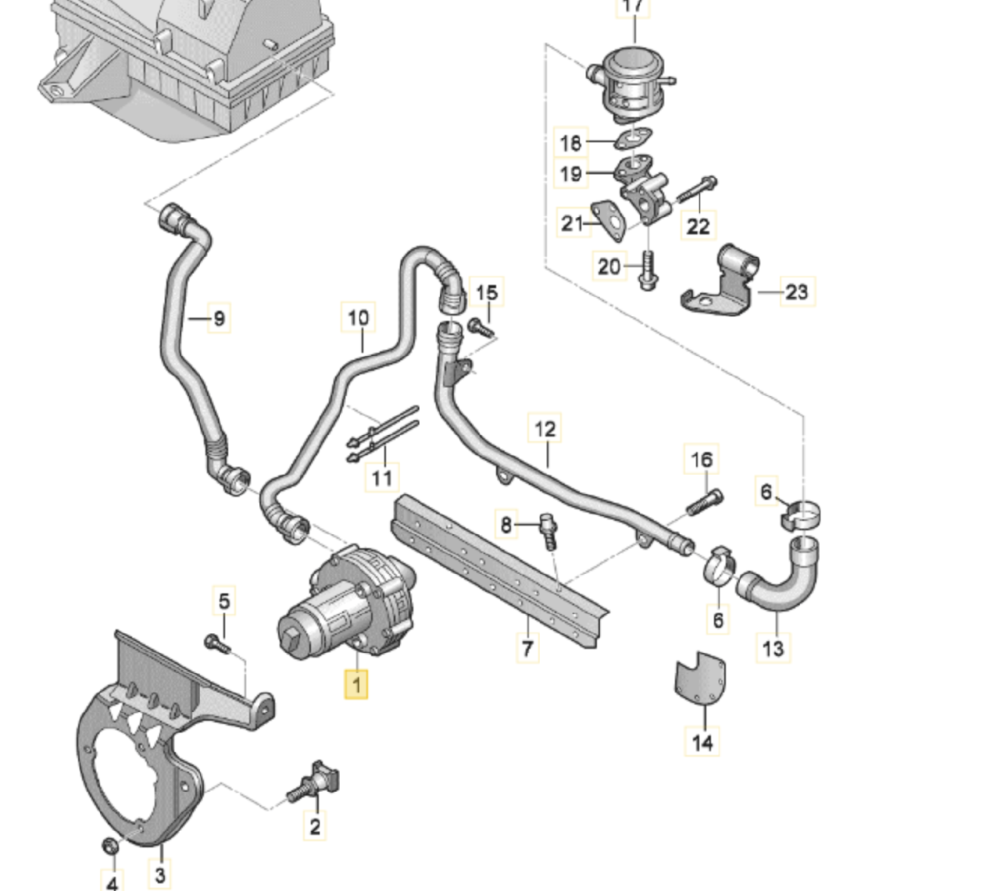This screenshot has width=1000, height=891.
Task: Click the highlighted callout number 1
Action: tap(356, 685)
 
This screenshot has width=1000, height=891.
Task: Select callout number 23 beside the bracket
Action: tap(795, 292)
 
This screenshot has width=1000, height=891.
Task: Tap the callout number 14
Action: tap(702, 742)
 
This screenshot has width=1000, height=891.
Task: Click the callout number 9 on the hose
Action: tap(219, 318)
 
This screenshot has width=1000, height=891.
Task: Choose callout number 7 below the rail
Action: tap(527, 647)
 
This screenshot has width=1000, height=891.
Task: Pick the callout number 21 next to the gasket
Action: tap(573, 223)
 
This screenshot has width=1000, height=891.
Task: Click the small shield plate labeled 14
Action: tap(699, 676)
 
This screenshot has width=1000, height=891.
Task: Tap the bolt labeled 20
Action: tap(647, 270)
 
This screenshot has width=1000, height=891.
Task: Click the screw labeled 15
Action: tap(480, 326)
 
